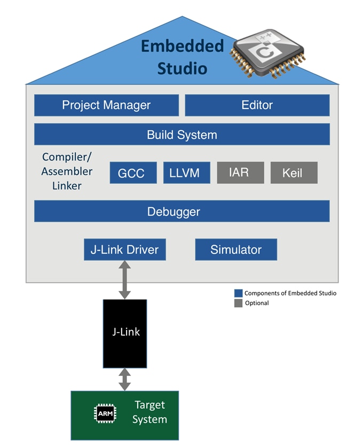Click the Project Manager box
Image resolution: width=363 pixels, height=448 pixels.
106,105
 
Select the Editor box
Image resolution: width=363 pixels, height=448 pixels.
257,105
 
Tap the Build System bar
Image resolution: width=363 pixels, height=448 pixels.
181,134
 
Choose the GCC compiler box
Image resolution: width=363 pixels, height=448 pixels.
133,173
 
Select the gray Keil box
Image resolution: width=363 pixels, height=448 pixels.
294,173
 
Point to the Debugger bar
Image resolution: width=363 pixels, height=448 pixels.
181,211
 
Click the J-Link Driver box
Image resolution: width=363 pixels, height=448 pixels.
124,250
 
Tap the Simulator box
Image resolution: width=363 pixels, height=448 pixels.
236,250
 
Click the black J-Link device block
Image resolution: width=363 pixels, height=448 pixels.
124,333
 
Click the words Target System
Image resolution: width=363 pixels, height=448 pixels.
149,412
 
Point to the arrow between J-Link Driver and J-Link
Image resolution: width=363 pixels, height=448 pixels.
124,280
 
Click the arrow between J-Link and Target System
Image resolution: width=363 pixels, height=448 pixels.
124,379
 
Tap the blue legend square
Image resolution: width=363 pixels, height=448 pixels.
238,293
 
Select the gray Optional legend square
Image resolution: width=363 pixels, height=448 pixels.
238,303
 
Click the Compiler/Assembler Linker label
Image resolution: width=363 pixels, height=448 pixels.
67,172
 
